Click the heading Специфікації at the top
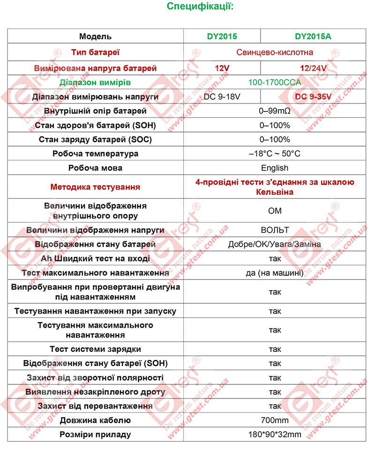tap(200, 7)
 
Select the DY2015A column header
tap(313, 37)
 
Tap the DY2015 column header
tap(222, 37)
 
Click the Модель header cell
tap(95, 37)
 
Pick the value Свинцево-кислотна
tap(275, 52)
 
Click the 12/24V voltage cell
tap(313, 68)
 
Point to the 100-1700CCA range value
tap(275, 82)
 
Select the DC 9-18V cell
tap(222, 97)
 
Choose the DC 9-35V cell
tap(313, 97)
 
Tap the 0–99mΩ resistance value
tap(275, 111)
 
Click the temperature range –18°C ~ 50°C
tap(275, 154)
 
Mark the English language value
tap(275, 168)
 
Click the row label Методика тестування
tap(95, 187)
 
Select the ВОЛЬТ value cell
tap(275, 230)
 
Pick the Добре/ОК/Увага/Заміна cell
tap(275, 244)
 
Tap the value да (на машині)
tap(275, 273)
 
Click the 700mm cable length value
tap(275, 420)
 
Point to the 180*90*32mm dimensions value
tap(275, 434)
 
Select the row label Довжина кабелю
tap(95, 420)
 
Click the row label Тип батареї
tap(95, 52)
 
